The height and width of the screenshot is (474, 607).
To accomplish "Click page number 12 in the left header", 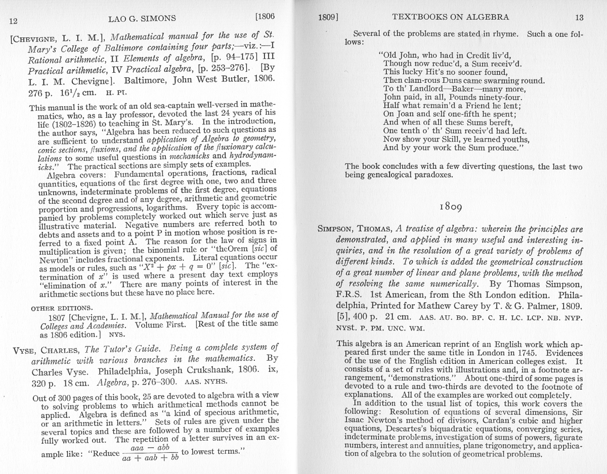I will coord(14,21).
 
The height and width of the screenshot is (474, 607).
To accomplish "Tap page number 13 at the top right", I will coord(579,17).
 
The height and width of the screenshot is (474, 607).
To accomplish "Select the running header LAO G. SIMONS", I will coord(142,19).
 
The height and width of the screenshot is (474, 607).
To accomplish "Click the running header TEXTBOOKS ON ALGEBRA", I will coord(450,17).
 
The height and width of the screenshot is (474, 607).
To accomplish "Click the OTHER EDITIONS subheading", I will coord(62,308).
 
